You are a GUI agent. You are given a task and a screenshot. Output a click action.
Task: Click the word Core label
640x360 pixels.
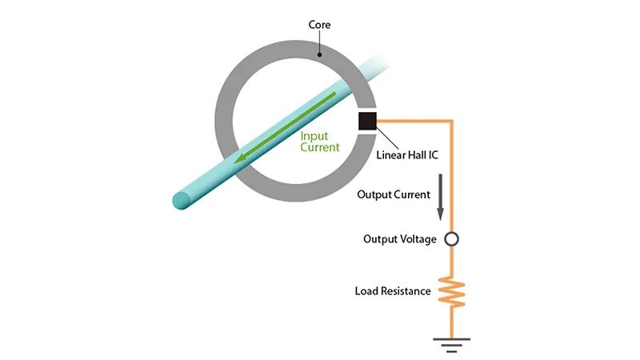tap(319, 25)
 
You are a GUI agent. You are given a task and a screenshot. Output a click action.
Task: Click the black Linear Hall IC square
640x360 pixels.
tap(367, 122)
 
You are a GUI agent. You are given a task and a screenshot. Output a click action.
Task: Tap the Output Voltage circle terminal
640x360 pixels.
tap(451, 238)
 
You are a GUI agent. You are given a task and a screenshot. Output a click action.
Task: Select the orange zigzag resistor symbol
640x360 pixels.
tap(451, 292)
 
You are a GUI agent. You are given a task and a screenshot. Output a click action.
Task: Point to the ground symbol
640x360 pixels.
tap(451, 345)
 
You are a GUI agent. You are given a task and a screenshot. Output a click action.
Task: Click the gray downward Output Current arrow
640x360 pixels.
tap(441, 197)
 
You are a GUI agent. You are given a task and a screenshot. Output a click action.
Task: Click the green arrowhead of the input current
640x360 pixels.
tap(242, 158)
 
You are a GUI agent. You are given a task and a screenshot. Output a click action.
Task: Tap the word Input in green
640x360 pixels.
tap(314, 136)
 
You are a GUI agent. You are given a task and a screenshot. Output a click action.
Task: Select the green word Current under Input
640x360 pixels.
tap(319, 147)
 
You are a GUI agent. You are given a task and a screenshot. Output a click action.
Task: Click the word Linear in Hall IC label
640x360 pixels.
tap(389, 155)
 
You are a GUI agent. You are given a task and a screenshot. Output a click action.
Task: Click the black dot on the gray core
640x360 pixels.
tap(319, 54)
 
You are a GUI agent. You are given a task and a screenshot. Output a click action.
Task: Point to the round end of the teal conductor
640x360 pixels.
tap(182, 200)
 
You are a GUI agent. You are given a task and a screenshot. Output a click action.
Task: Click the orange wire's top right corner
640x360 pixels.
tap(452, 122)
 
